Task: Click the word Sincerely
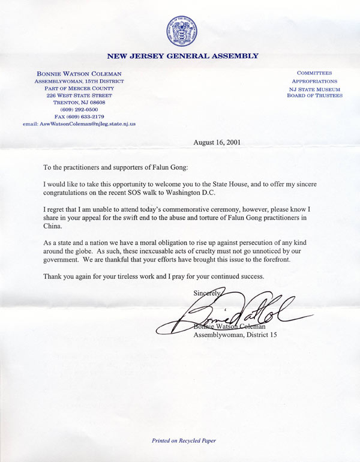coord(206,292)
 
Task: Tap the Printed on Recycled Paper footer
coord(183,440)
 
